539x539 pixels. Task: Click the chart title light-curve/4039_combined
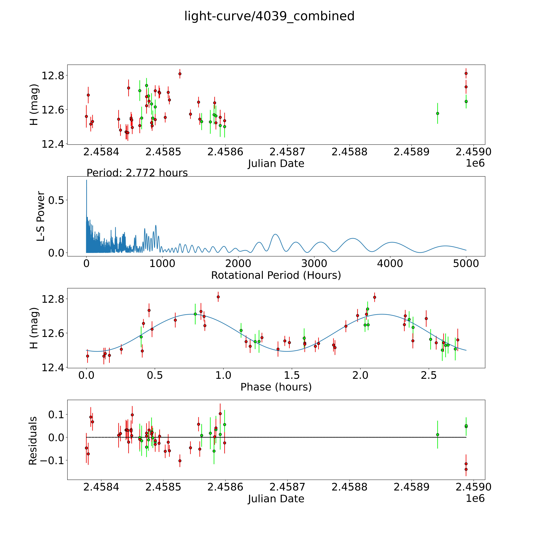point(269,16)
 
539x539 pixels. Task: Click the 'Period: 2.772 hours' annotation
point(137,173)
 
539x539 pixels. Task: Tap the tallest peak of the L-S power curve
point(86,180)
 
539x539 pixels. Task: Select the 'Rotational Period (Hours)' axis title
point(276,275)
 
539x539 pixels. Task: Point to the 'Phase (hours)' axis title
point(276,387)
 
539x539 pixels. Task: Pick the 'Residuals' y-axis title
point(33,441)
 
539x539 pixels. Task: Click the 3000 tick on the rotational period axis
point(314,263)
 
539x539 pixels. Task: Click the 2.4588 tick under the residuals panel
point(349,487)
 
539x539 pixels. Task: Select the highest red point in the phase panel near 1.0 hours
point(218,297)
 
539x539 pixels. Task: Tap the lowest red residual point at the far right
point(466,469)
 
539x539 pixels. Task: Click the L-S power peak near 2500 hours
point(275,234)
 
